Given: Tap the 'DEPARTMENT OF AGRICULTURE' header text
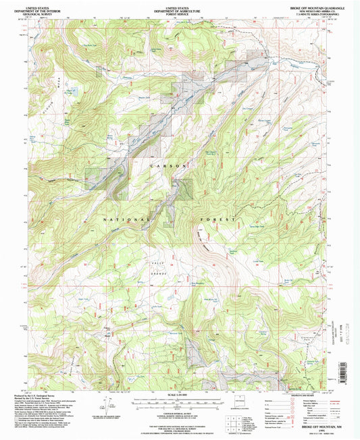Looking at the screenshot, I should pyautogui.click(x=180, y=8).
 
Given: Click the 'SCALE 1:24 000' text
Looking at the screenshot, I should pyautogui.click(x=180, y=395).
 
